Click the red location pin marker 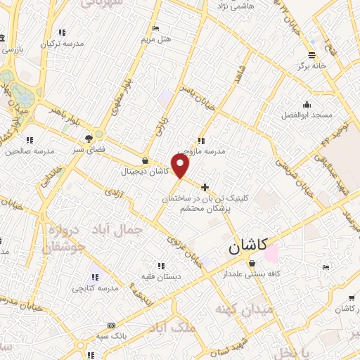tap(181, 166)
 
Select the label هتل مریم tap(155, 39)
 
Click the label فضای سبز tap(89, 149)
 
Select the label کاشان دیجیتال tap(142, 171)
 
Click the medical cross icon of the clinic tap(205, 187)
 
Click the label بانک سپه tap(111, 336)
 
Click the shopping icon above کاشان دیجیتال tap(145, 160)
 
